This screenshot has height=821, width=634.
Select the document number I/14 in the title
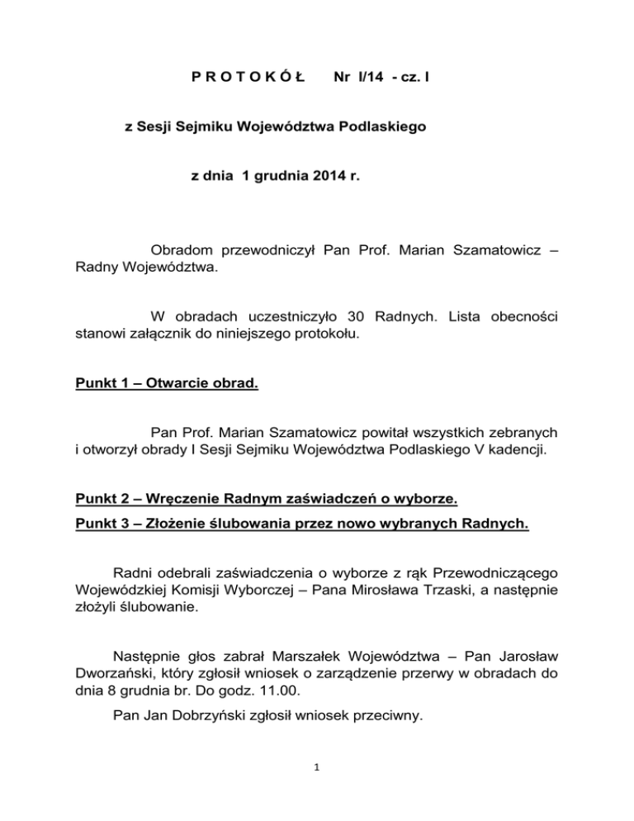click(372, 79)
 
